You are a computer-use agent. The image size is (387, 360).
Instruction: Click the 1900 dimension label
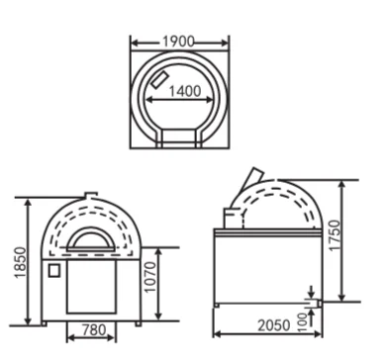tap(178, 42)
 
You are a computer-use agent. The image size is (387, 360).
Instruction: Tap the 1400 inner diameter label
tap(185, 91)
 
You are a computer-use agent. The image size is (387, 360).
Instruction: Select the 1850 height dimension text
tap(21, 262)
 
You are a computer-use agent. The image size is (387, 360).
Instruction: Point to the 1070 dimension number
tap(150, 277)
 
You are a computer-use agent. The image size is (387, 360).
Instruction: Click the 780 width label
tap(94, 329)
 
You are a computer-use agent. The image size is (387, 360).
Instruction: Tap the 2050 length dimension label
tap(274, 325)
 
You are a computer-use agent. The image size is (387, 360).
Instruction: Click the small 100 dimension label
tap(302, 322)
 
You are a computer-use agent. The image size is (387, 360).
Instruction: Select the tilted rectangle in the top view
tap(159, 79)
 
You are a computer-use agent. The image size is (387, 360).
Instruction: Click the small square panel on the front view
tap(54, 270)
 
